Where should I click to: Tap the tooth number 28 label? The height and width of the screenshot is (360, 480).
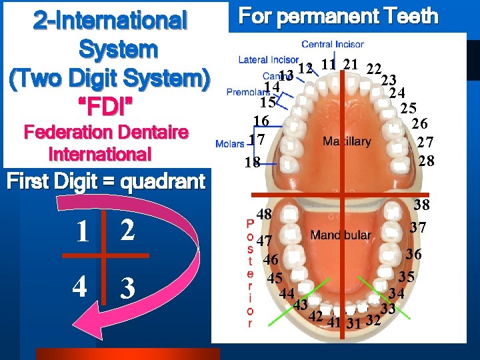(426, 161)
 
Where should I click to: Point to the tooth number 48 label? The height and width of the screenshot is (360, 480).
(264, 214)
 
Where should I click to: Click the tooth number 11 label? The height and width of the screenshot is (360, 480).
(327, 65)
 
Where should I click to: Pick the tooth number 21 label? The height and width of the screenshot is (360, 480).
(351, 65)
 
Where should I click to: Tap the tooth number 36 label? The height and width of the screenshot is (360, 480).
(413, 254)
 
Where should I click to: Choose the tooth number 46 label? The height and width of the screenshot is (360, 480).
(271, 259)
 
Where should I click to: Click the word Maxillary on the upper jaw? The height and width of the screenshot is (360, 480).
(347, 141)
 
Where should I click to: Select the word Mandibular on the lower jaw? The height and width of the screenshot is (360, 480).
(340, 235)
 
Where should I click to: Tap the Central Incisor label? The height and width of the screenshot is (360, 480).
(333, 45)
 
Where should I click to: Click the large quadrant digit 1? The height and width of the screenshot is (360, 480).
(81, 231)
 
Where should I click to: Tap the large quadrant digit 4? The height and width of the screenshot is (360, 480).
(79, 287)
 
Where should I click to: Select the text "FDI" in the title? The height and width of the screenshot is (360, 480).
(109, 107)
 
